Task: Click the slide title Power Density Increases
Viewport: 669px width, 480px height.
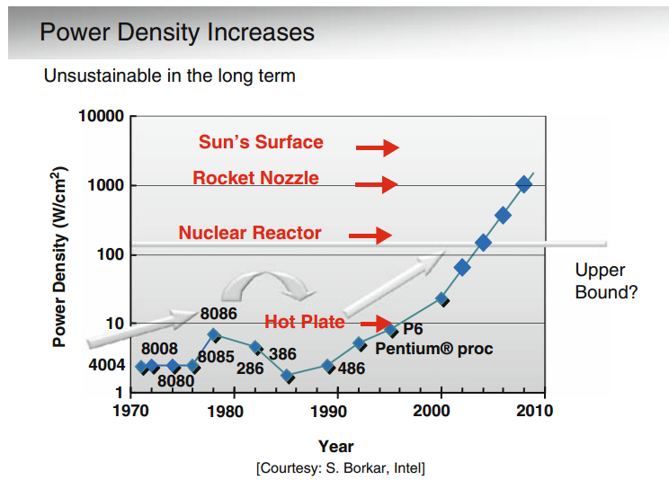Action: [x=177, y=33]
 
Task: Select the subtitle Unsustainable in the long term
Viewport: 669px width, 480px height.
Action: [x=169, y=76]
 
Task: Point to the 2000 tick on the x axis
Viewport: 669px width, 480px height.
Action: [x=441, y=411]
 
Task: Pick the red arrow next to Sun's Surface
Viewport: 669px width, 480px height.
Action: [x=377, y=147]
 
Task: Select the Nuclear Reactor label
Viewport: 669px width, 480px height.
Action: [x=249, y=233]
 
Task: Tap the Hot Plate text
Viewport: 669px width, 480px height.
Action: [x=304, y=322]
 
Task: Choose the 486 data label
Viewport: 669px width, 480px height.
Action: [x=351, y=368]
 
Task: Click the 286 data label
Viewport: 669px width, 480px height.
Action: [x=249, y=368]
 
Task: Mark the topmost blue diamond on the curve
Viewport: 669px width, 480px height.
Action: [x=524, y=184]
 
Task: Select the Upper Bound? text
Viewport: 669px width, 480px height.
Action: [x=607, y=281]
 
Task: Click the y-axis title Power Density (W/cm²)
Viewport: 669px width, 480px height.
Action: [x=60, y=256]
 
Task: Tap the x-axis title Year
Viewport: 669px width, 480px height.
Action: [x=335, y=446]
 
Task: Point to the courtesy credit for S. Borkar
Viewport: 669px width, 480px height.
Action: [x=341, y=467]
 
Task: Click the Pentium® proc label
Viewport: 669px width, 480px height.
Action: [x=434, y=348]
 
